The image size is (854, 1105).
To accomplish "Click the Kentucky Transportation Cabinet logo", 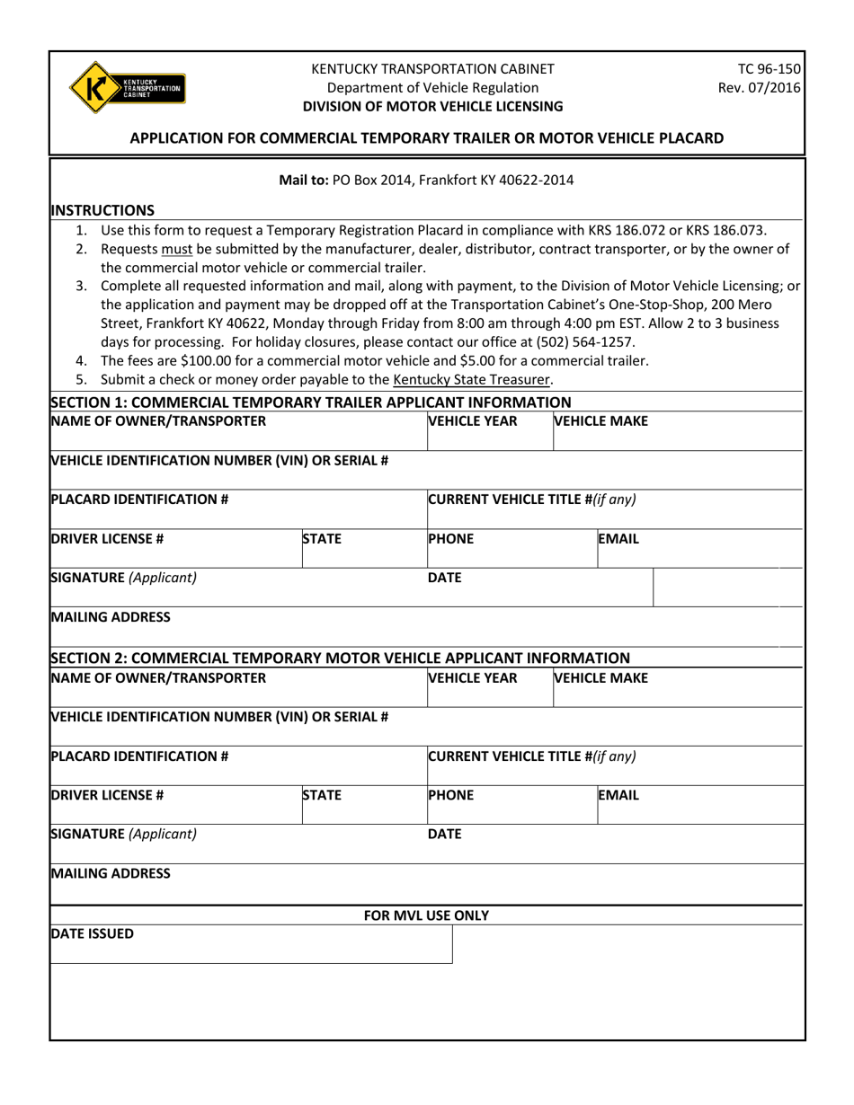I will coord(127,87).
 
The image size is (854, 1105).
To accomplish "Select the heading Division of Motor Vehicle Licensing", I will coord(432,106).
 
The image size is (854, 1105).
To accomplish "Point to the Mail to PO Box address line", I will coord(426,180).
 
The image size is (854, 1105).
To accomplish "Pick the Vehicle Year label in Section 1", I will coord(473,420).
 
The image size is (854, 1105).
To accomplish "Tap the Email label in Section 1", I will coord(618,540).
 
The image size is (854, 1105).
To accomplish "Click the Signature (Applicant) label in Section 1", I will coord(124,578).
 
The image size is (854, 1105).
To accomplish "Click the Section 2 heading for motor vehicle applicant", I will coord(341,658).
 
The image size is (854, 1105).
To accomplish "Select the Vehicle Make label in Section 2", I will coord(600,677).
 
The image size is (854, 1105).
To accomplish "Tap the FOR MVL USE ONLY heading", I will coord(426,915).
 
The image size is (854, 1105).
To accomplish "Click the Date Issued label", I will coord(93,933).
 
